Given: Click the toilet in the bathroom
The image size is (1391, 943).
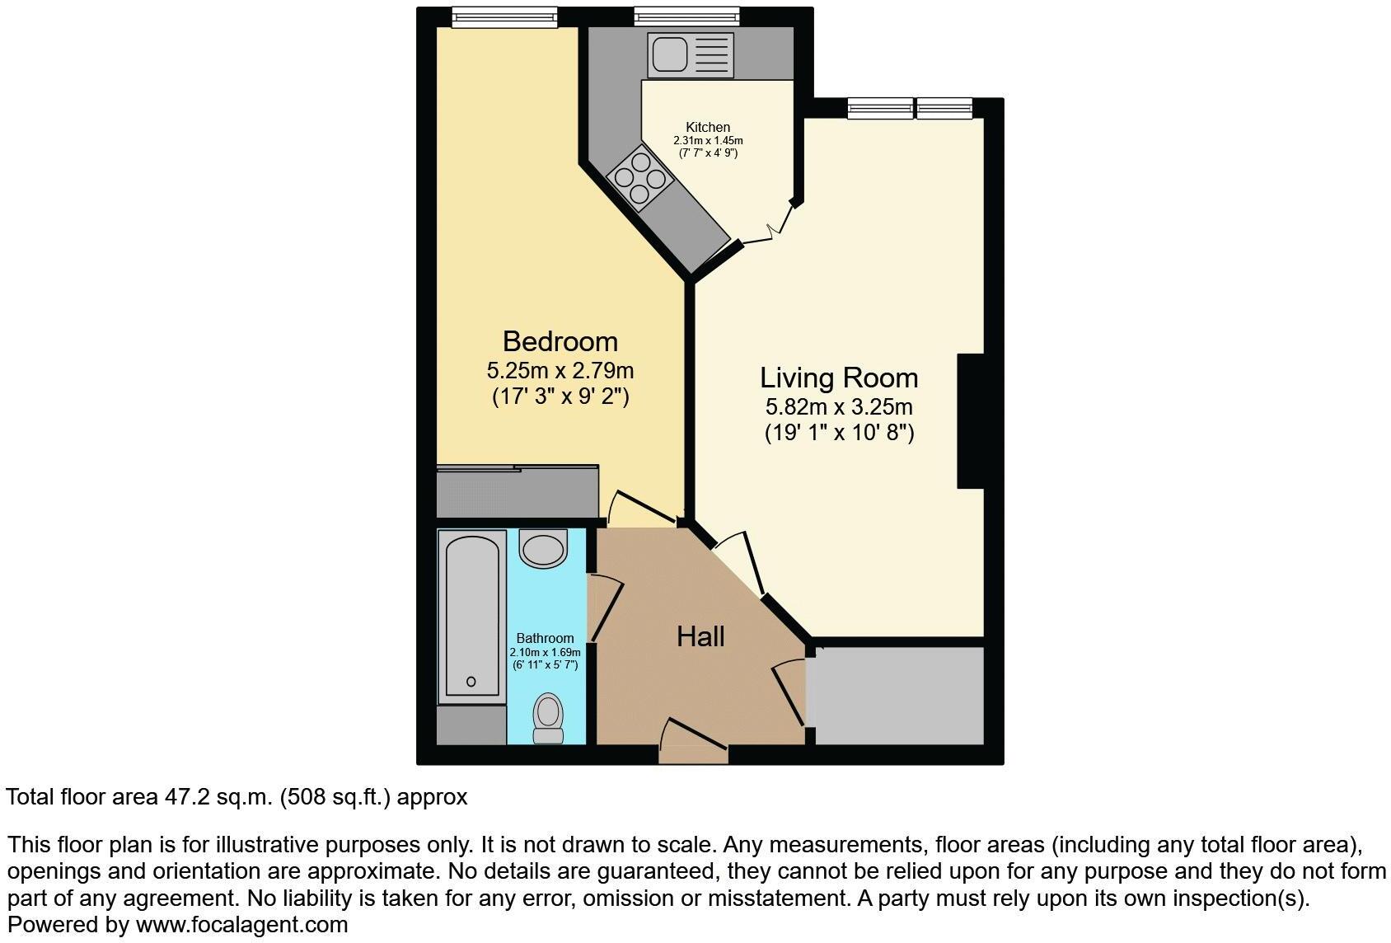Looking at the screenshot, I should coord(548,718).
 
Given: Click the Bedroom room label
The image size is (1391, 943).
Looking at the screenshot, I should coord(560,341).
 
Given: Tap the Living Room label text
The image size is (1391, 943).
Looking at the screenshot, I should coord(838,378).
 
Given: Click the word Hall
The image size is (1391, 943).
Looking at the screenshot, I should coord(700,636).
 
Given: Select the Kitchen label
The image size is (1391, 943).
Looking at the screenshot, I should coord(708,127).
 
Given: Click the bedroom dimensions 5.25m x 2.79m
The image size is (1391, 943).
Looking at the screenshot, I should coord(560,370).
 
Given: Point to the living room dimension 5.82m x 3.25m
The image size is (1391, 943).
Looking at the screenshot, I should coord(838,406).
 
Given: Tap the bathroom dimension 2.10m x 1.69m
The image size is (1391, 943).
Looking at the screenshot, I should coord(545,652).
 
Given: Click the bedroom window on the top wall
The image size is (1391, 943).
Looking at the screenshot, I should coord(505,16).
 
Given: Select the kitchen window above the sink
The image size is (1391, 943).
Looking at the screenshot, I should coord(686,16).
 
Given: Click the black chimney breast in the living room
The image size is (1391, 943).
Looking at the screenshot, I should coord(971,420).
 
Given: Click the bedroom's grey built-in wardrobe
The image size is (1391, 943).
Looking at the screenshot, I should coord(517,492).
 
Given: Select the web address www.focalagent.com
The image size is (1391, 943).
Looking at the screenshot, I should coord(241,925).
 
